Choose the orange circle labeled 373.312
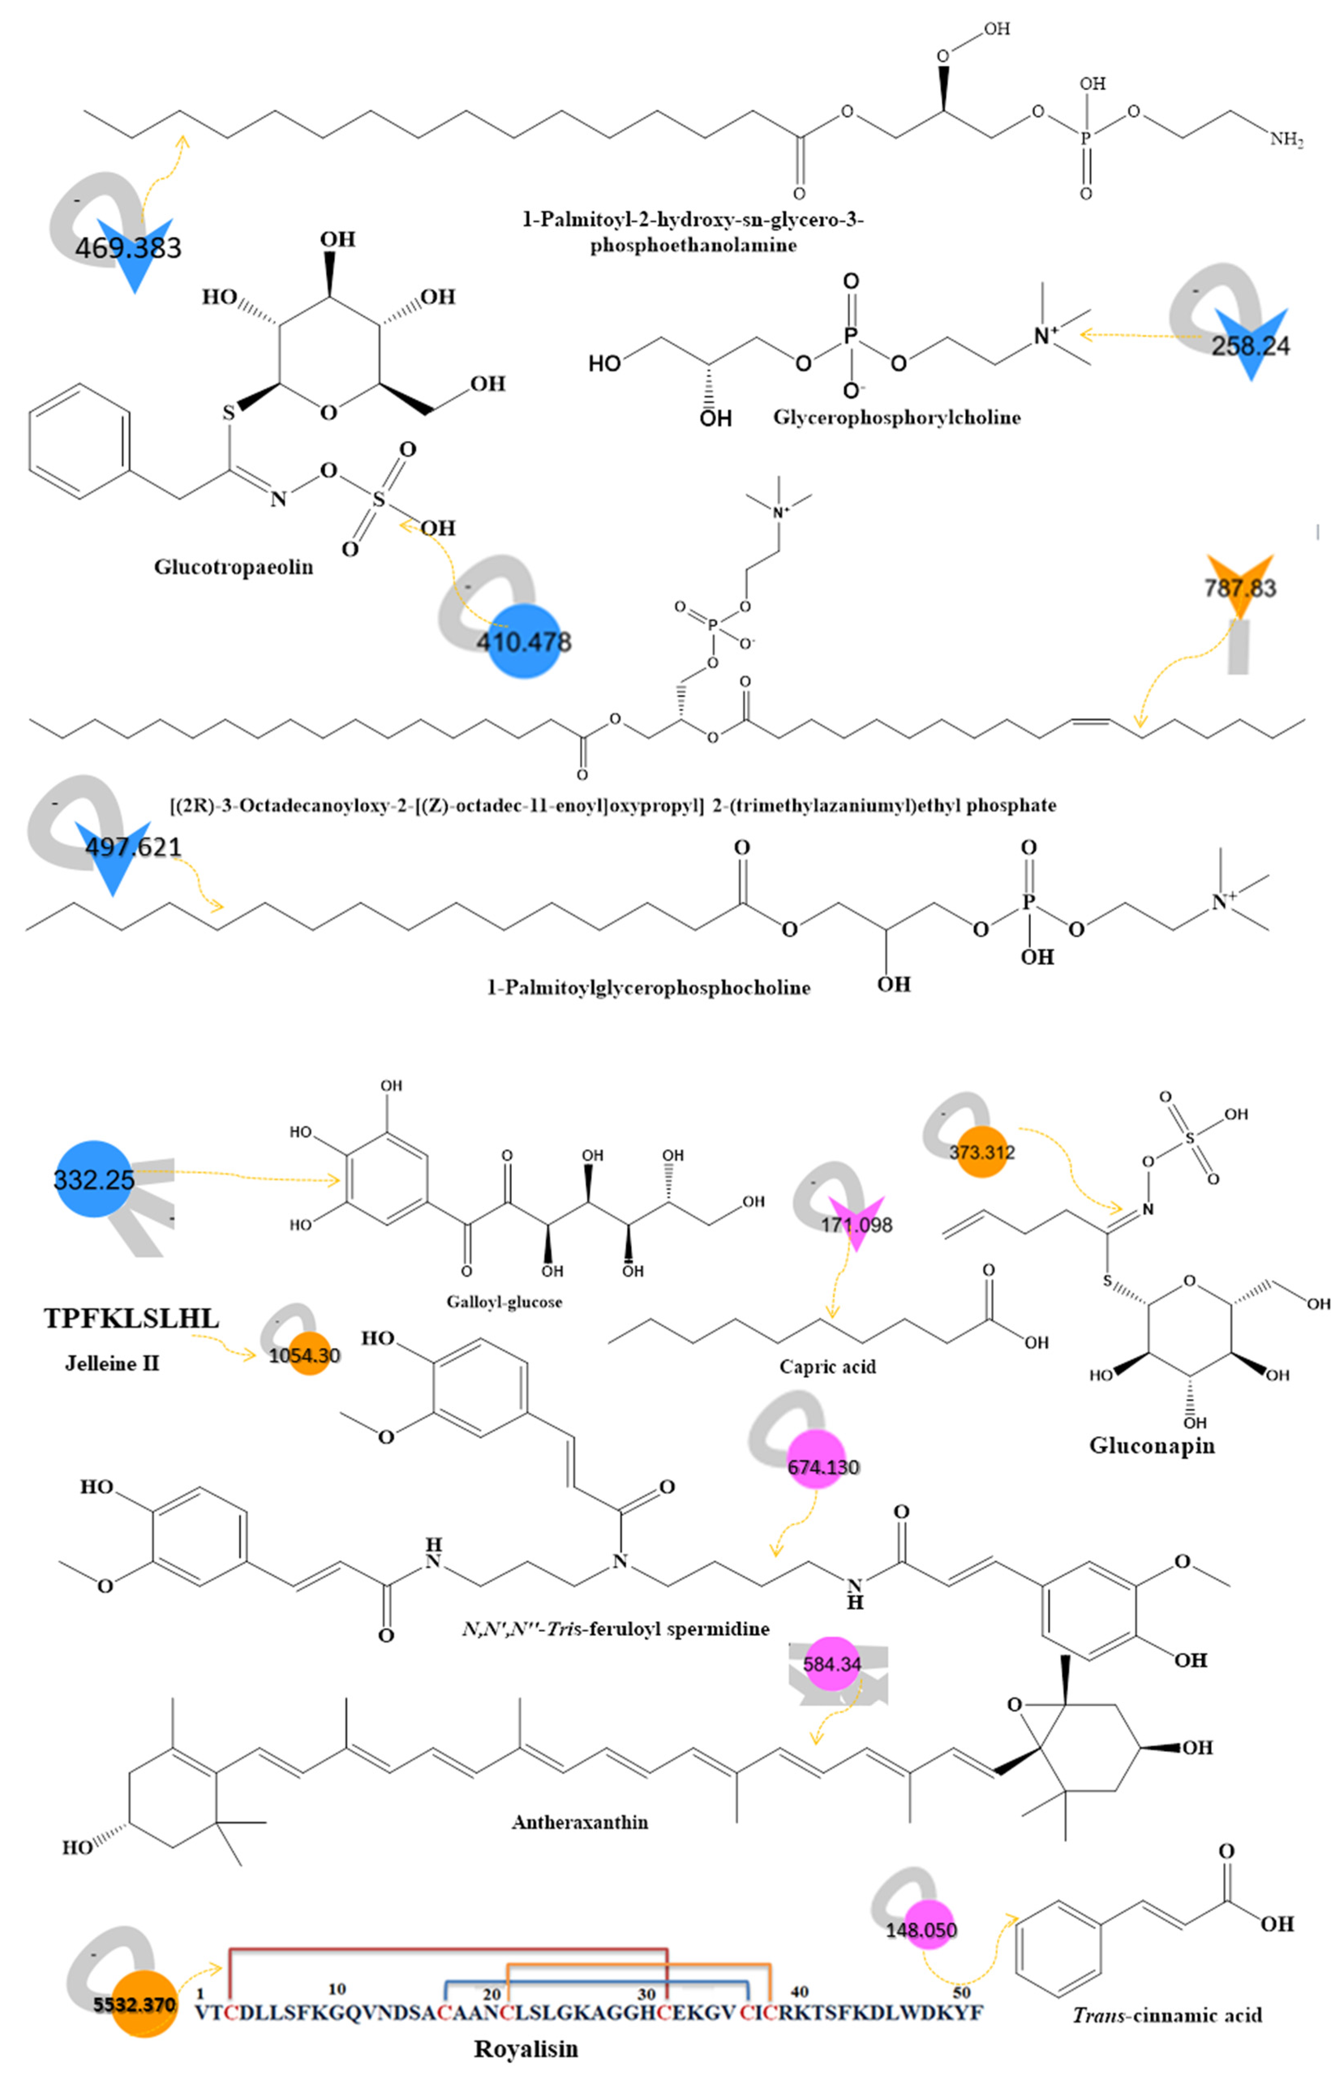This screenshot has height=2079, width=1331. [982, 1152]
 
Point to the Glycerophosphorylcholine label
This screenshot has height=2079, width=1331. [896, 417]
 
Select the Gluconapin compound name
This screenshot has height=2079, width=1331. [1151, 1446]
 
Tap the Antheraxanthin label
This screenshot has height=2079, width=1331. [580, 1822]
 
